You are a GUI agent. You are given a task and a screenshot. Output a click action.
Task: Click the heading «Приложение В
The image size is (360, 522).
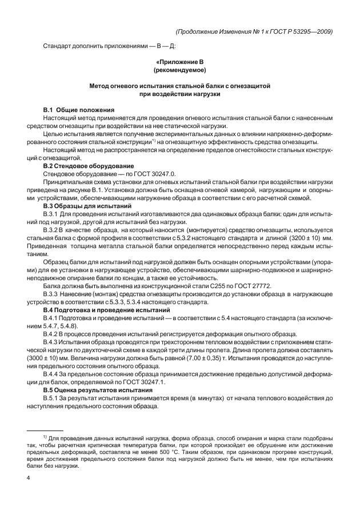pyautogui.click(x=179, y=61)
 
